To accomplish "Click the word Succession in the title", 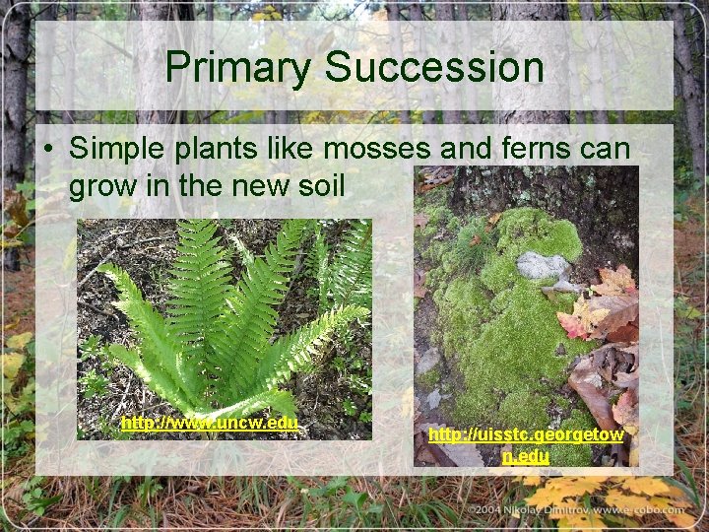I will pyautogui.click(x=434, y=68).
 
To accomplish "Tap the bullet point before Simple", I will pyautogui.click(x=48, y=149).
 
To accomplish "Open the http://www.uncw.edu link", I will pyautogui.click(x=209, y=423).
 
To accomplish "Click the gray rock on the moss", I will pyautogui.click(x=543, y=265).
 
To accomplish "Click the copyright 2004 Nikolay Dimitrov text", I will pyautogui.click(x=591, y=509).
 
